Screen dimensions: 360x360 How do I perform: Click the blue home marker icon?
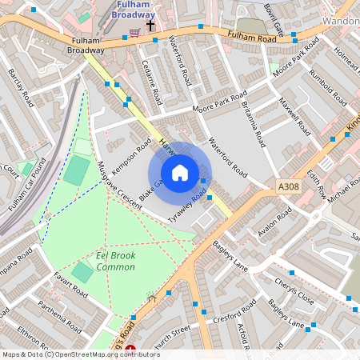(x=180, y=173)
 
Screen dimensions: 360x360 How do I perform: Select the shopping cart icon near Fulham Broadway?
(x=134, y=32)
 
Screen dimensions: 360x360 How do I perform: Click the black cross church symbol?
(x=150, y=26)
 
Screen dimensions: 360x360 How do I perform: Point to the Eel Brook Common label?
(x=115, y=260)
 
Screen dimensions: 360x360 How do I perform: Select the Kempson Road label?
(x=132, y=154)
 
